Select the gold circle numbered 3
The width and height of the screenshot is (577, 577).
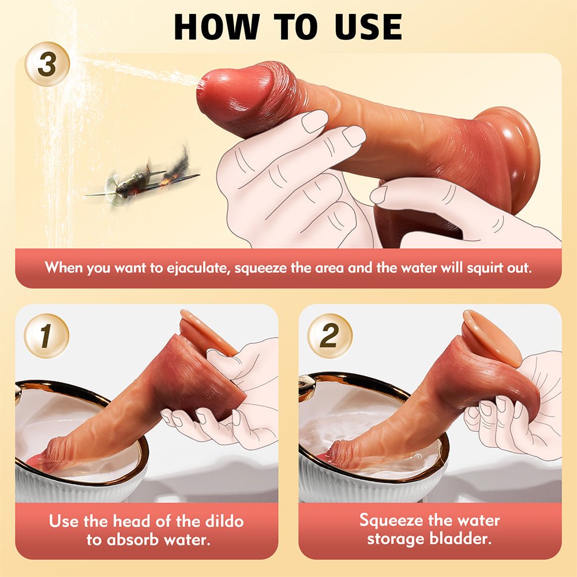tap(47, 64)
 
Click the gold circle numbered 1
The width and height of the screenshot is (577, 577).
tap(47, 335)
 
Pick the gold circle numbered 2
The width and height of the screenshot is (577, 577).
tap(329, 335)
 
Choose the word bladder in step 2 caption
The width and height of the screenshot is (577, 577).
tap(468, 539)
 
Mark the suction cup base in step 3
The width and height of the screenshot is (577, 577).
tap(516, 156)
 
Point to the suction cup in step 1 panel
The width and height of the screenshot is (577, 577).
tap(205, 335)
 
